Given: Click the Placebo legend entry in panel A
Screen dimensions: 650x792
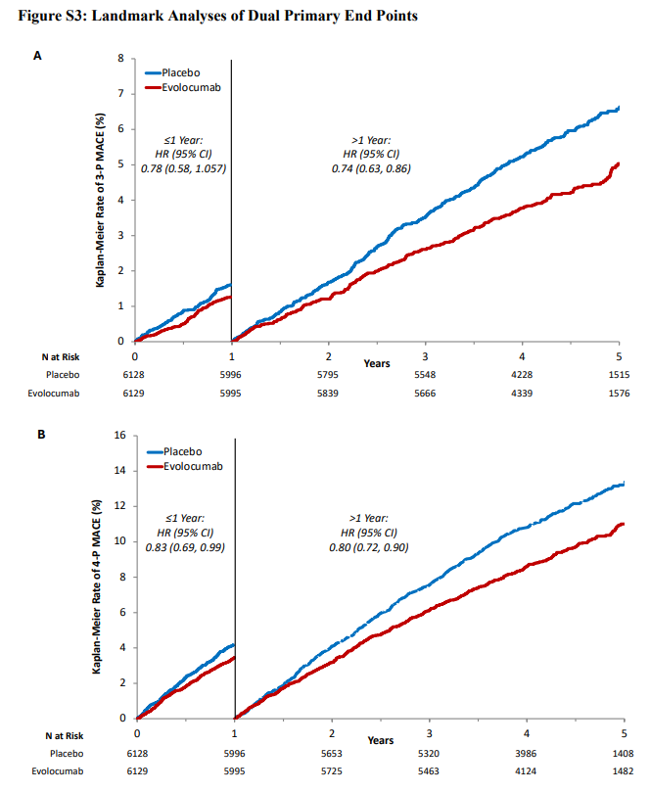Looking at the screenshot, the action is (172, 72).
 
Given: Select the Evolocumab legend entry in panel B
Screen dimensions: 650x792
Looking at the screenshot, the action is (184, 466).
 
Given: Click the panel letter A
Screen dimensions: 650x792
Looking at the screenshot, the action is (37, 56).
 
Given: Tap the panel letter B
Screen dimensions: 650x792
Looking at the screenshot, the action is (41, 435).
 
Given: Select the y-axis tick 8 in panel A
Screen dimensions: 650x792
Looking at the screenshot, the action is (120, 58).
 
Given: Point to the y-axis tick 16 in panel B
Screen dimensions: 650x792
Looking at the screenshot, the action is (119, 435).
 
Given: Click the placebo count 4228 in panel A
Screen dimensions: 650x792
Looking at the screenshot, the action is (522, 375).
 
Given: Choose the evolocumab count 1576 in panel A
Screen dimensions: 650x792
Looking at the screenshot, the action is (620, 394).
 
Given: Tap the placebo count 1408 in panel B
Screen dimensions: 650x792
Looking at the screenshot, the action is (623, 754).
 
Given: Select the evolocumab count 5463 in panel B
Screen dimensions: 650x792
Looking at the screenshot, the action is (429, 771).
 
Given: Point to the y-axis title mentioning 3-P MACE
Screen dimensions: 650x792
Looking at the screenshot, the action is (100, 200).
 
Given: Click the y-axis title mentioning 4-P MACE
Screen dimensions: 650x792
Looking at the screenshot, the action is (97, 586).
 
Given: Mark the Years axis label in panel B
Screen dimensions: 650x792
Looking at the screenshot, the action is (380, 740).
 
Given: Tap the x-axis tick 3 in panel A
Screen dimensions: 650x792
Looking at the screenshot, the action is (425, 356).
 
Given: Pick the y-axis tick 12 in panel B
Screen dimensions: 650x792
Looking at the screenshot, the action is (119, 505).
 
